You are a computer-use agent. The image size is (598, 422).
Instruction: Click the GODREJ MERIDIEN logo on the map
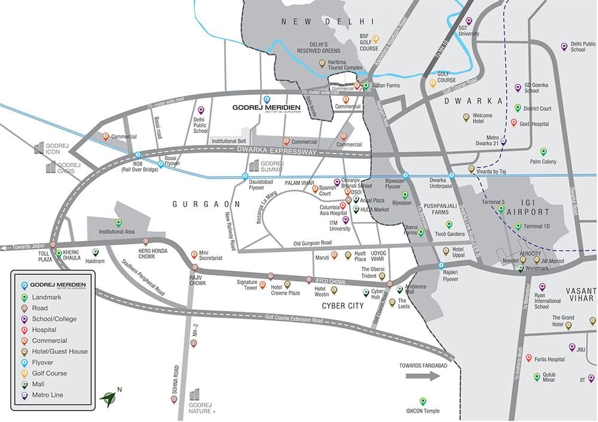266,108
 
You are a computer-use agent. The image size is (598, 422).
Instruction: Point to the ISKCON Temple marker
423,401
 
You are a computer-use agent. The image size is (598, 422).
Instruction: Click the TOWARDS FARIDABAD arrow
422,376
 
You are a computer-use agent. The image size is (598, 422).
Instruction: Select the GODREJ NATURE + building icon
195,394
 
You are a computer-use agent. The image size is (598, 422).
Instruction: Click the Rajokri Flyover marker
441,265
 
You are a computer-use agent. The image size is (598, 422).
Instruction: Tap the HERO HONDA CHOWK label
154,253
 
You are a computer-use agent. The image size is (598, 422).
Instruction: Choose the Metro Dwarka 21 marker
503,143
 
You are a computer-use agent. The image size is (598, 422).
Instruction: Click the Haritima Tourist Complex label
337,68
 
